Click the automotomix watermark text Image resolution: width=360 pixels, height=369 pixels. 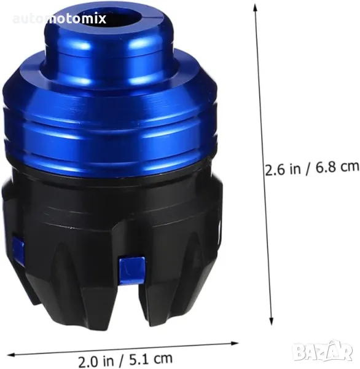pos(60,19)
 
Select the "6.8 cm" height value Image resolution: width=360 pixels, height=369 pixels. pos(337,167)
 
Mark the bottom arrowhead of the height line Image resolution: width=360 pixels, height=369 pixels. pos(272,321)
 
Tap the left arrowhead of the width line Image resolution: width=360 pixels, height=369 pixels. pos(12,355)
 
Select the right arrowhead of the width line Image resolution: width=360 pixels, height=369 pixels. pos(235,344)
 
